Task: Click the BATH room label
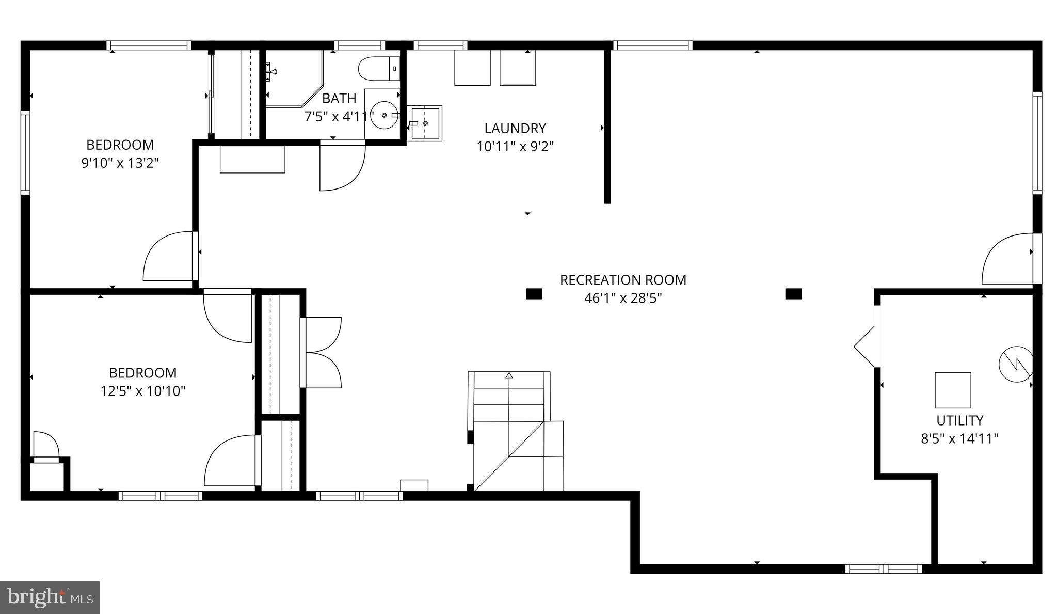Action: tap(339, 98)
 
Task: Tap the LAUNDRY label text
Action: tap(515, 128)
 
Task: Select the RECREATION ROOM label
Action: tap(623, 280)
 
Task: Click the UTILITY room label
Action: tap(959, 420)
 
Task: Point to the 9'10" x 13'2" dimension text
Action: tap(120, 163)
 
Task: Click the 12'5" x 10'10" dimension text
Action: tap(143, 391)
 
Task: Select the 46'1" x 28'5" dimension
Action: tap(623, 298)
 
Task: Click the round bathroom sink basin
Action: tap(384, 115)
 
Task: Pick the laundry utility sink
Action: tap(425, 123)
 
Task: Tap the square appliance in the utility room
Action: tap(953, 390)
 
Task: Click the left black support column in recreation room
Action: tap(534, 294)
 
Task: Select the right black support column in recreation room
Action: tap(793, 294)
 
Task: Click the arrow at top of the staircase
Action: tap(509, 375)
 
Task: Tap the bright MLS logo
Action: tap(50, 597)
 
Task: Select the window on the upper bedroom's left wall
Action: tap(25, 152)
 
